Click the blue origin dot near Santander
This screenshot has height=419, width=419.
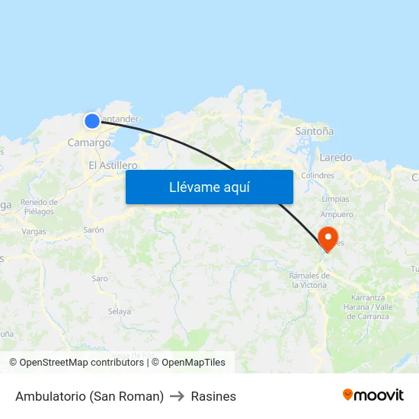tap(91, 120)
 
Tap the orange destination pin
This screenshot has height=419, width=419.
tap(328, 238)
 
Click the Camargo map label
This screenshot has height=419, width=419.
tap(88, 142)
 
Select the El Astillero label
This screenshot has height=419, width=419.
tap(113, 165)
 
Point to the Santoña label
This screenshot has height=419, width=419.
tap(314, 131)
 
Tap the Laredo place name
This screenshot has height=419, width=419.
tap(336, 158)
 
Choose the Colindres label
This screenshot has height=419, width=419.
tap(318, 175)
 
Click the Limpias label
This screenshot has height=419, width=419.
tap(335, 199)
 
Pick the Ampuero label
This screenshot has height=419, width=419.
tap(336, 214)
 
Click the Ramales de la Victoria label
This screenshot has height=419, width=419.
tap(309, 280)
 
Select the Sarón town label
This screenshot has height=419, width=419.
tap(94, 229)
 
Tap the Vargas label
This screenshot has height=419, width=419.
tap(34, 232)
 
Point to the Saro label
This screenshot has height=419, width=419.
tap(100, 279)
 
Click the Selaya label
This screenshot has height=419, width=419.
tap(119, 312)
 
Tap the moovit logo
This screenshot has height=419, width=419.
tap(373, 395)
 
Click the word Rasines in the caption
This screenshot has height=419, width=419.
tap(213, 396)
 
